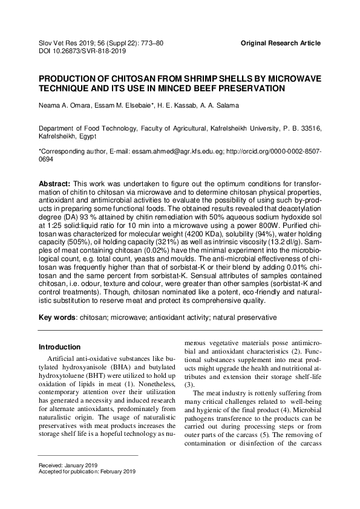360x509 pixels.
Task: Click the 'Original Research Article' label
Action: [280, 44]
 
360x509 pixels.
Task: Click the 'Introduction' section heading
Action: [59, 348]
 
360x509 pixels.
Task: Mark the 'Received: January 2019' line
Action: [68, 465]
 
